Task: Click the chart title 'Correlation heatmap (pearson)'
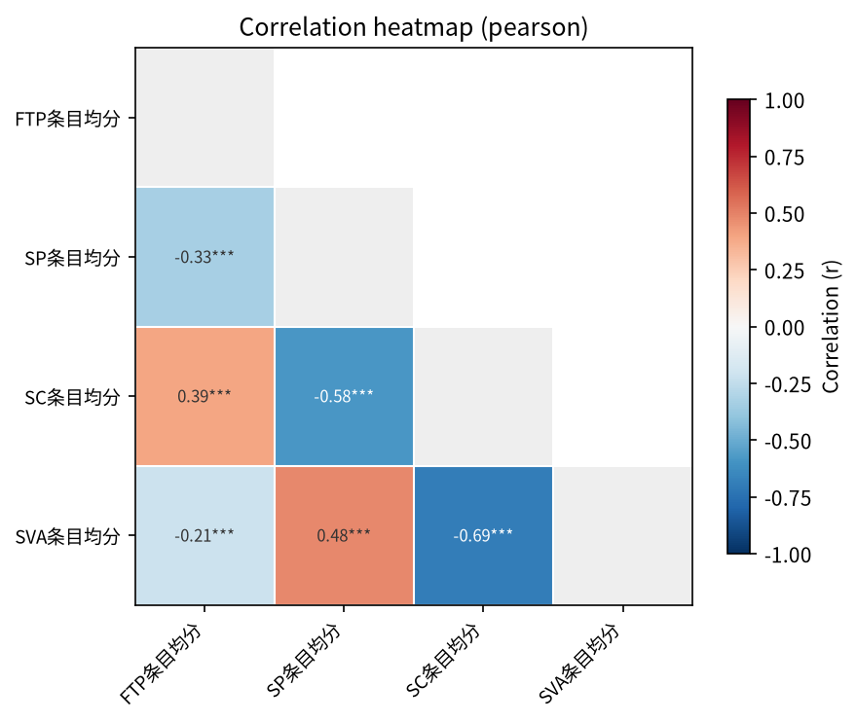tap(413, 27)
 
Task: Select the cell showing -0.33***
tap(205, 257)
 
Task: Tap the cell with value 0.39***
tap(205, 396)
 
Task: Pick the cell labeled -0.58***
tap(344, 396)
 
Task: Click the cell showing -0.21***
tap(205, 535)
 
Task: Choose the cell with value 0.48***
tap(344, 535)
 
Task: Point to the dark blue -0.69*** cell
tap(483, 535)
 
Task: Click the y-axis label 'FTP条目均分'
tap(68, 119)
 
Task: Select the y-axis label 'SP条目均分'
tap(73, 258)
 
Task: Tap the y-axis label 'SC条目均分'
tap(73, 397)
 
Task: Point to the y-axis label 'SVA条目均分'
tap(68, 536)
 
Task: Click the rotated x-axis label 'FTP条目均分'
tap(161, 664)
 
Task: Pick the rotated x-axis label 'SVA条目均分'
tap(579, 664)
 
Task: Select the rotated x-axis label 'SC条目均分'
tap(443, 661)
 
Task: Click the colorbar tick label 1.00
tap(784, 101)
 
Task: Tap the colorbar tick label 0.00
tap(784, 328)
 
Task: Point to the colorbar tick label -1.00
tap(788, 555)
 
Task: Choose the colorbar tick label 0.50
tap(784, 214)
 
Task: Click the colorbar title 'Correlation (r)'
tap(831, 327)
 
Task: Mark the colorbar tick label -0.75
tap(788, 498)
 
